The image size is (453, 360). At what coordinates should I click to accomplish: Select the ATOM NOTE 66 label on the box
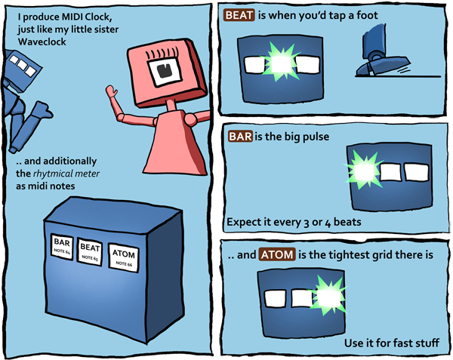click(122, 257)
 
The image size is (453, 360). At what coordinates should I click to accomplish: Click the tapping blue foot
click(377, 67)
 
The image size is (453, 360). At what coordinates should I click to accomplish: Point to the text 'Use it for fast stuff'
click(391, 344)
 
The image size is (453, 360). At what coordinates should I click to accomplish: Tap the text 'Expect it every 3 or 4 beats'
click(294, 223)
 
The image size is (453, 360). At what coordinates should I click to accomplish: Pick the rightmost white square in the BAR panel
click(414, 172)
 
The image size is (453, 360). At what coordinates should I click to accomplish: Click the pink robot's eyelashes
click(161, 54)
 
